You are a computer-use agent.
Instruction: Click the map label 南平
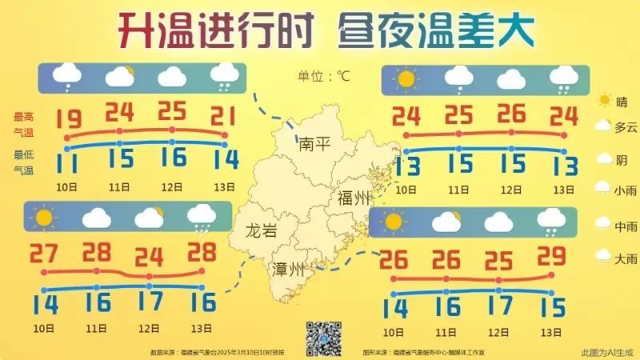point(314,144)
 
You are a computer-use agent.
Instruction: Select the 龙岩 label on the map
point(262,233)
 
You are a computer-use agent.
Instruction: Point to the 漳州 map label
point(289,269)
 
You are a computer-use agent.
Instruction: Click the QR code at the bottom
point(324,338)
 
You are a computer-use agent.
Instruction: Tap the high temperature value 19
point(69,119)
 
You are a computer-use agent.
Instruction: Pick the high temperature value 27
point(45,254)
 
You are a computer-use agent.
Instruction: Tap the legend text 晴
point(622,101)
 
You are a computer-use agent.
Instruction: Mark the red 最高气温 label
point(23,123)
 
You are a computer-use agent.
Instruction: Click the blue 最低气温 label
point(23,162)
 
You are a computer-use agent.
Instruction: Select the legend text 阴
point(622,159)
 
